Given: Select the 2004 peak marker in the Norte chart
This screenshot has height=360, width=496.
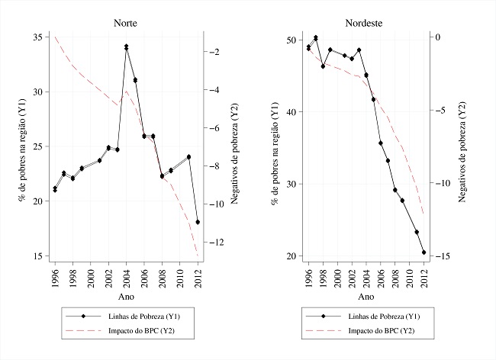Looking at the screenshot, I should pyautogui.click(x=126, y=47).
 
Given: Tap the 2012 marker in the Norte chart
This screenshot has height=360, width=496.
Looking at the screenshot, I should pyautogui.click(x=198, y=222).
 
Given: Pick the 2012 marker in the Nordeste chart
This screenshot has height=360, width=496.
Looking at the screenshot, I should pyautogui.click(x=424, y=252).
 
